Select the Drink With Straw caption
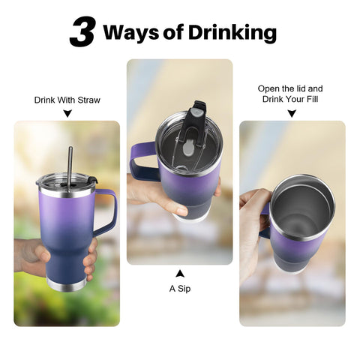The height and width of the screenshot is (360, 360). pyautogui.click(x=67, y=100)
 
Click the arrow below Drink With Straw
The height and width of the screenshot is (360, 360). pyautogui.click(x=67, y=114)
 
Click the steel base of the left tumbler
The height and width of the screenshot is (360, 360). pyautogui.click(x=65, y=284)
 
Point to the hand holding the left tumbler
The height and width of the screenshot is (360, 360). pyautogui.click(x=30, y=255)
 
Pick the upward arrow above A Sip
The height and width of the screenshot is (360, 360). pyautogui.click(x=180, y=273)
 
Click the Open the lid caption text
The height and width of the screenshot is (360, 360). pyautogui.click(x=290, y=88)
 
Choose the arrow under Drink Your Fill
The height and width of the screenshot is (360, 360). pyautogui.click(x=292, y=114)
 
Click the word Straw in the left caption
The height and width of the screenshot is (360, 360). pyautogui.click(x=88, y=100)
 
